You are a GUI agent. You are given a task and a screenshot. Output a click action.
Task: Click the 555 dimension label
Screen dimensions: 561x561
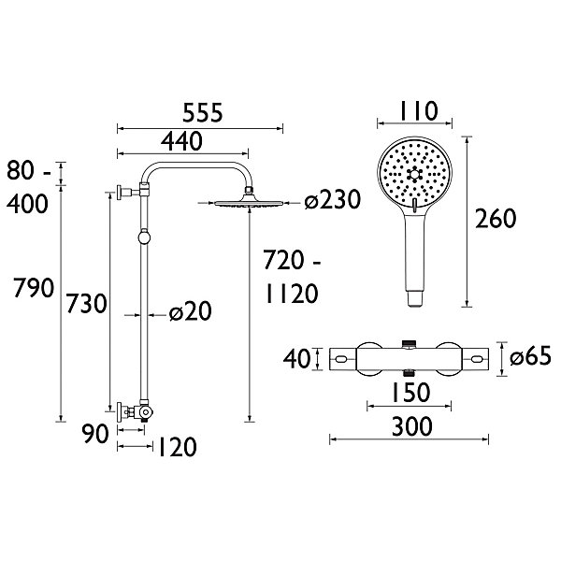[x=203, y=113]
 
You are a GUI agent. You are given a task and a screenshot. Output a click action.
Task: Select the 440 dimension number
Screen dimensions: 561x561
[x=181, y=141]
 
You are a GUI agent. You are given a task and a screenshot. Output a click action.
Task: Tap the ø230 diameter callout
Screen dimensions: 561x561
[x=332, y=200]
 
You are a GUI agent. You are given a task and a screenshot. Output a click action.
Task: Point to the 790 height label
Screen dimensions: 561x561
[x=34, y=288]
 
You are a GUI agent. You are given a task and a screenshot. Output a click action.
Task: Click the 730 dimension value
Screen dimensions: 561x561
[x=87, y=303]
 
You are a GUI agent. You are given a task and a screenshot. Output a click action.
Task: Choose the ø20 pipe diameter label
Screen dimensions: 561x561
[x=191, y=311]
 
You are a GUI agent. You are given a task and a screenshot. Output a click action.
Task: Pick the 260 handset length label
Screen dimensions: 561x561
[x=496, y=218]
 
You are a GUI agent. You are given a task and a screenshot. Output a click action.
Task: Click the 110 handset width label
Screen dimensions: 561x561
[x=418, y=111]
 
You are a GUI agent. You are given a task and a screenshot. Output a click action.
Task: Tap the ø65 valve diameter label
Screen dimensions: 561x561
[x=530, y=356]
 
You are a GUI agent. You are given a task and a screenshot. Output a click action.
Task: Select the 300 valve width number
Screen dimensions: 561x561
[x=412, y=426]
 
